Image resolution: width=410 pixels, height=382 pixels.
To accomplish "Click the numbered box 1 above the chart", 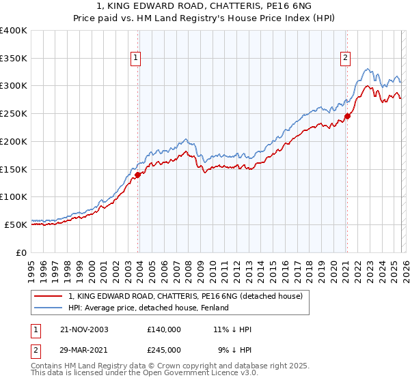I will click(x=136, y=59).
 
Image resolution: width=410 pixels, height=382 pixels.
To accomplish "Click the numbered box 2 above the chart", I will click(x=346, y=59).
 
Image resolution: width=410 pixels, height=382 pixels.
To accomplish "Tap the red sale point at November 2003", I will click(x=137, y=175).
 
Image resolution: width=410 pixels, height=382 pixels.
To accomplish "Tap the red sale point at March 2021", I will click(x=347, y=117).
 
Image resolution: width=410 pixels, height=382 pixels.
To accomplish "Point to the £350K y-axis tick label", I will click(x=14, y=59).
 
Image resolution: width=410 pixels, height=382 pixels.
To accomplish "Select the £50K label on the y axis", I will click(x=16, y=224).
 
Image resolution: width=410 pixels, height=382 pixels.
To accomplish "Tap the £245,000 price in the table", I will click(x=164, y=349).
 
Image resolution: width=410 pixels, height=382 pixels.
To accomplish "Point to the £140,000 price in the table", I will click(x=164, y=329).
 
